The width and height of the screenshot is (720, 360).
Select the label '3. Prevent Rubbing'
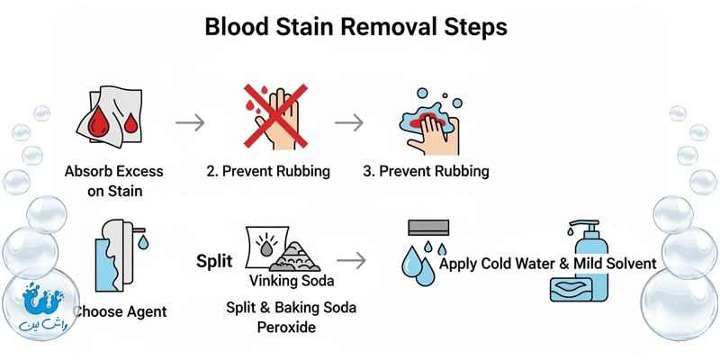[x=427, y=171]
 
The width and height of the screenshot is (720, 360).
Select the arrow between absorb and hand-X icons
[x=191, y=122]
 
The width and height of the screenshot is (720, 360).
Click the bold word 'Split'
[x=214, y=262]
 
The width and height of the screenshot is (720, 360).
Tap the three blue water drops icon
[x=418, y=261]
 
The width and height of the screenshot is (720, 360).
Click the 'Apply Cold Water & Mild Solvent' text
[x=547, y=264]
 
